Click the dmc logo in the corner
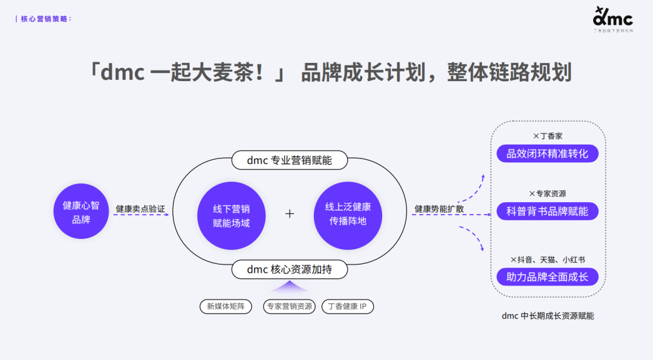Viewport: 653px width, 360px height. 612,18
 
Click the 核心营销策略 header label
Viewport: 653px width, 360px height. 46,19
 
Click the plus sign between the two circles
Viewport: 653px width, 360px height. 290,214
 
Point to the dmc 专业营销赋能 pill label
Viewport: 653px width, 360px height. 290,160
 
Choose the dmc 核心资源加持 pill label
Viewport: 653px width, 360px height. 290,269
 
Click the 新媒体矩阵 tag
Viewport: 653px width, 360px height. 226,306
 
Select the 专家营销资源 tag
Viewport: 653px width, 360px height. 290,306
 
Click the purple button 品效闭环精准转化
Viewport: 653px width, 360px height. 547,154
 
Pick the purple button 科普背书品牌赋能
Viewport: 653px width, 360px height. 547,211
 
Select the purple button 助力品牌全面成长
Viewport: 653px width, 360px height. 547,277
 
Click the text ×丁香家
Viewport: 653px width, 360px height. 547,136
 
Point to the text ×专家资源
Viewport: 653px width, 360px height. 547,194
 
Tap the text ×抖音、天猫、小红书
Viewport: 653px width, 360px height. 547,260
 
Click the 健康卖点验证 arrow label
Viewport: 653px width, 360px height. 140,209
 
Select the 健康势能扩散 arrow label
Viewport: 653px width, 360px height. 439,209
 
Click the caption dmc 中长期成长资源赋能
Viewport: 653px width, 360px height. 547,316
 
